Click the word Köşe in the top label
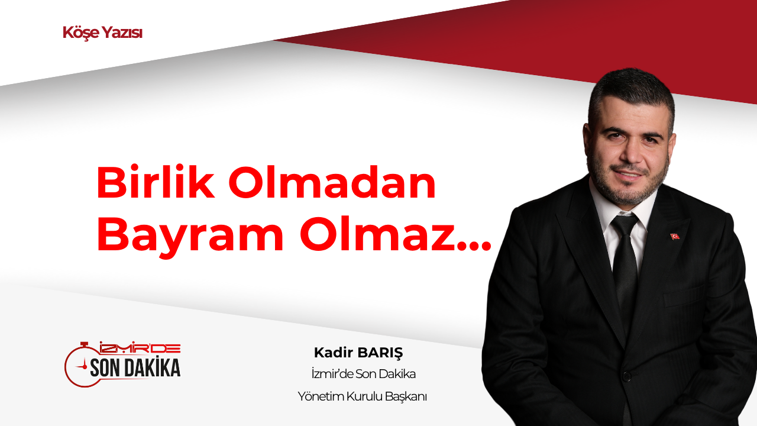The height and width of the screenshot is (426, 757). [x=81, y=33]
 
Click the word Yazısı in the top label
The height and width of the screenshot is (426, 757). [x=122, y=33]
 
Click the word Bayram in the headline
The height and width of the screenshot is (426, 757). [x=190, y=237]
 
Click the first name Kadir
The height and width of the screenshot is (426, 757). [x=334, y=352]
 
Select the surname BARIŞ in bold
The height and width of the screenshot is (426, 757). [x=380, y=353]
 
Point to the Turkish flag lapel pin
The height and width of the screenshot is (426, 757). [x=675, y=236]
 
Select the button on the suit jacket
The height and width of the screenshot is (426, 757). [x=626, y=376]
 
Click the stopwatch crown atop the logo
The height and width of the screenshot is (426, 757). [x=84, y=345]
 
